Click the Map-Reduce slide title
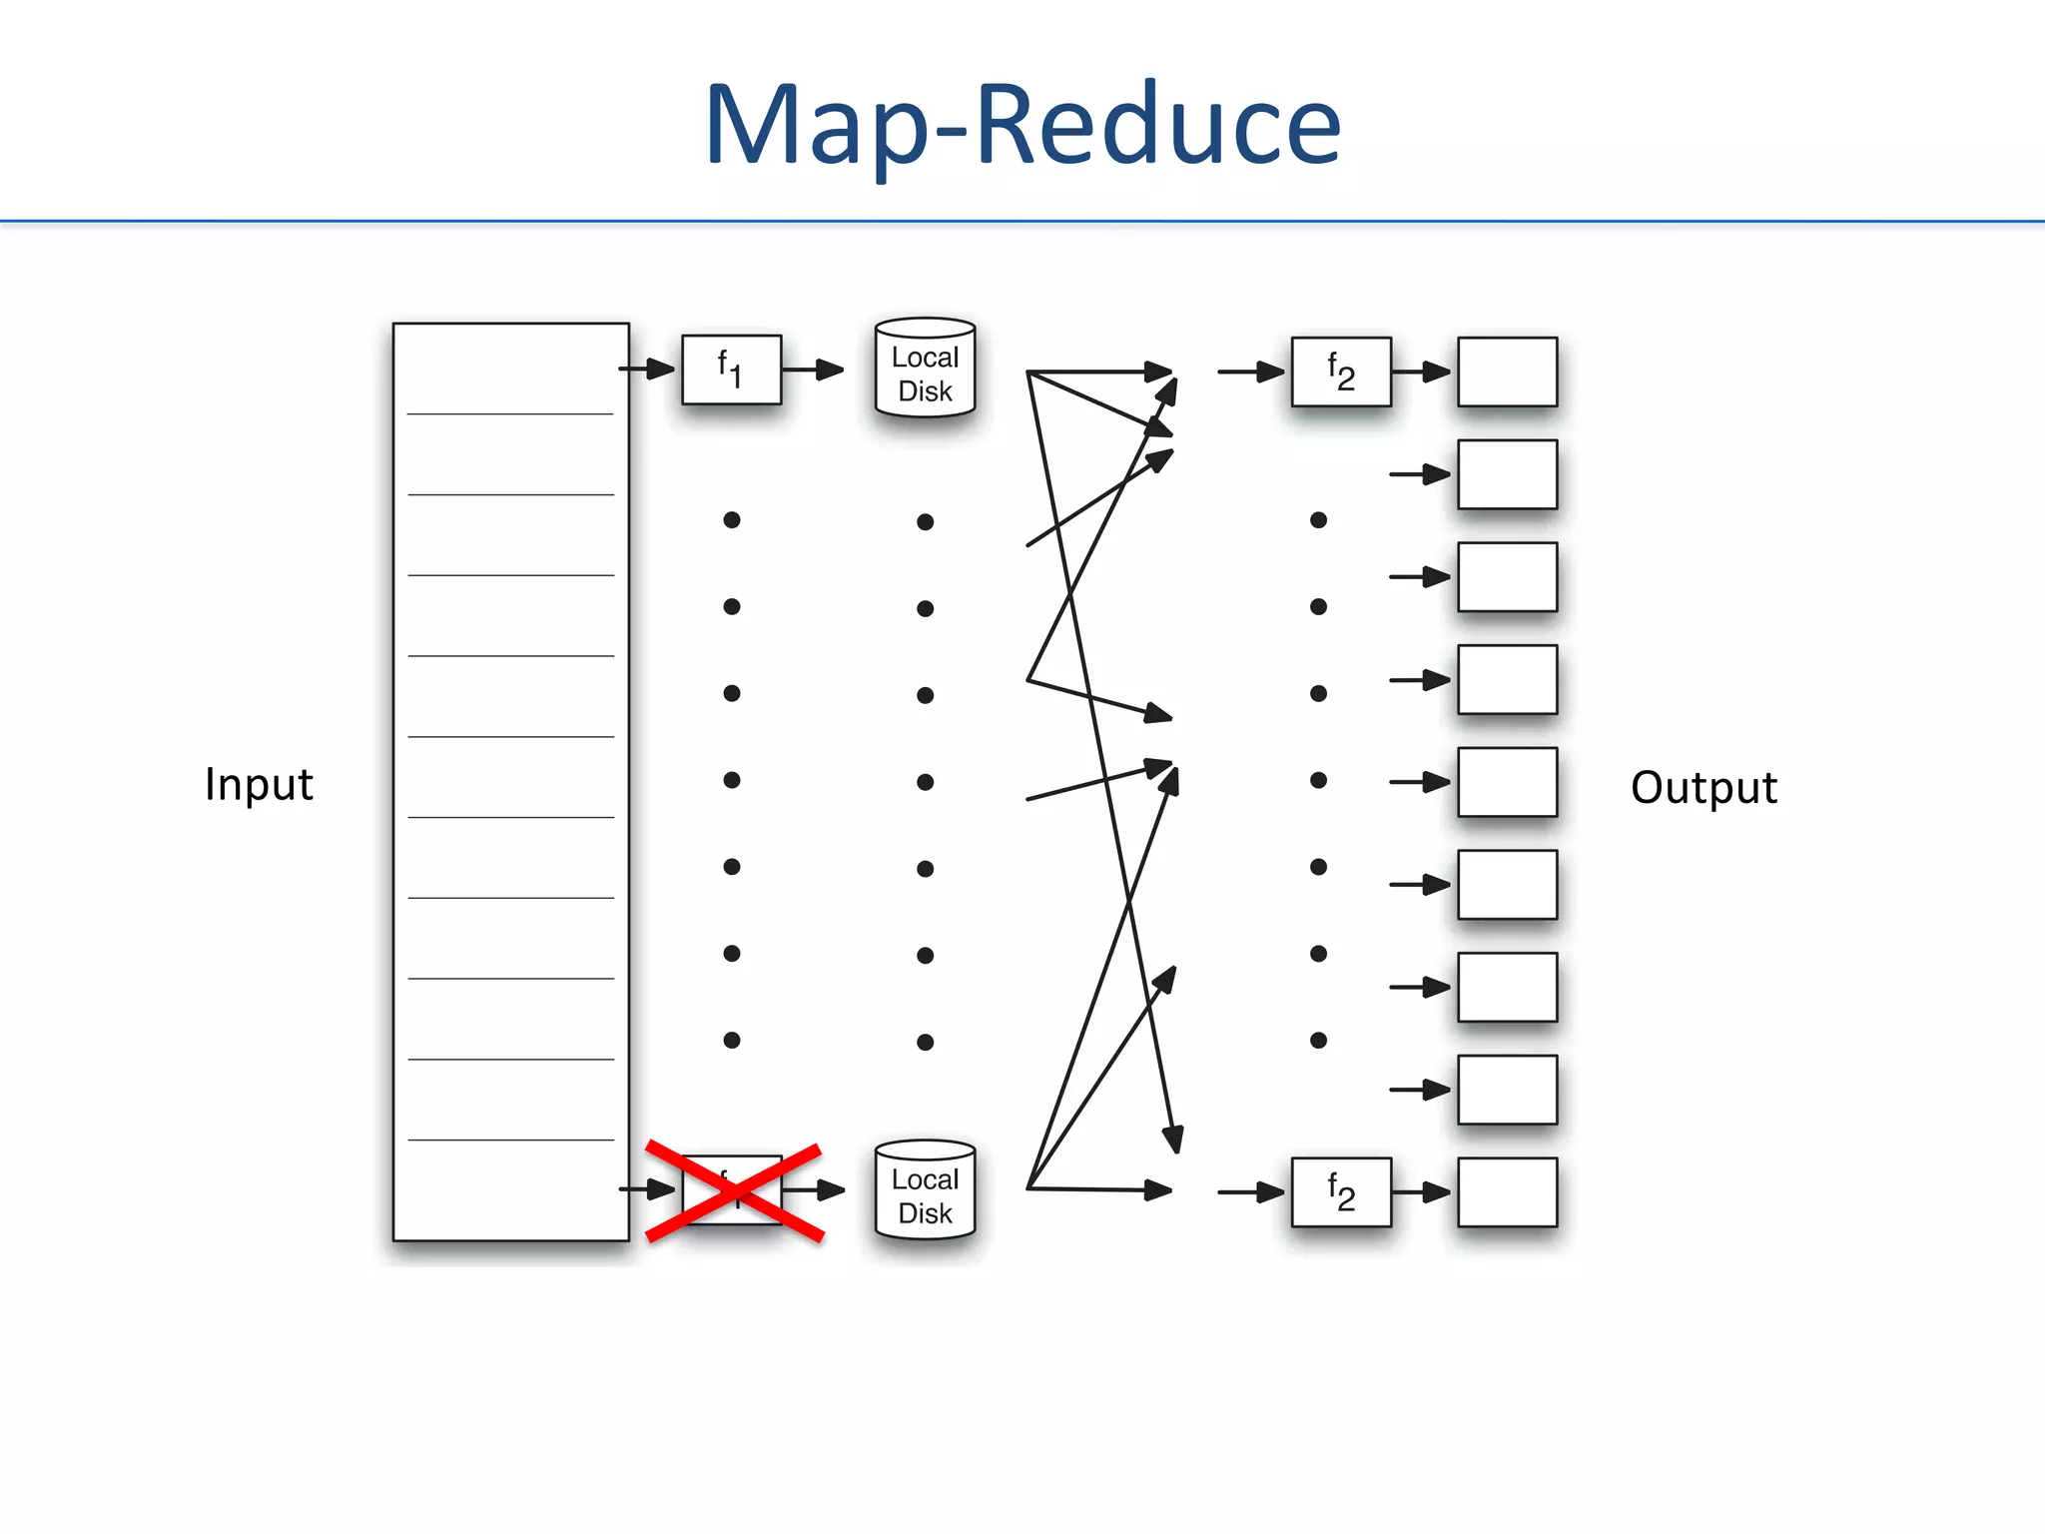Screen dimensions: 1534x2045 (x=1022, y=125)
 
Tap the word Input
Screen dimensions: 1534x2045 (x=259, y=784)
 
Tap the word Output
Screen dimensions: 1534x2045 (x=1704, y=787)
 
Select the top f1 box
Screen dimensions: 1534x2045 (x=731, y=370)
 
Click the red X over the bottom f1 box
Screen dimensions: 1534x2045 (x=735, y=1191)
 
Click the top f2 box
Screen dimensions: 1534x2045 (x=1340, y=372)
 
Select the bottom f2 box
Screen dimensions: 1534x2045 (x=1340, y=1192)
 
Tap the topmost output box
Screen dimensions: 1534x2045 (x=1507, y=372)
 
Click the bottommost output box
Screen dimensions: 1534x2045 (x=1507, y=1192)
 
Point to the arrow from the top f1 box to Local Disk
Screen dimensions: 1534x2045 (x=813, y=370)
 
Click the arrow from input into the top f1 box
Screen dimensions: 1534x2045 (x=647, y=369)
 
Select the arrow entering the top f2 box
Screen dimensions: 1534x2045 (x=1251, y=372)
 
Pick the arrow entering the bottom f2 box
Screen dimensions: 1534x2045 (x=1251, y=1191)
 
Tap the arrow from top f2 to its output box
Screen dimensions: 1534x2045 (x=1422, y=372)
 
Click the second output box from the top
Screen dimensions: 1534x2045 (x=1507, y=474)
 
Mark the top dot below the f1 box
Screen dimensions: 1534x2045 (x=732, y=520)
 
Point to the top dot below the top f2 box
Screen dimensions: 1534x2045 (x=1318, y=520)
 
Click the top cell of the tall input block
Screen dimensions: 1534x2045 (x=510, y=369)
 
